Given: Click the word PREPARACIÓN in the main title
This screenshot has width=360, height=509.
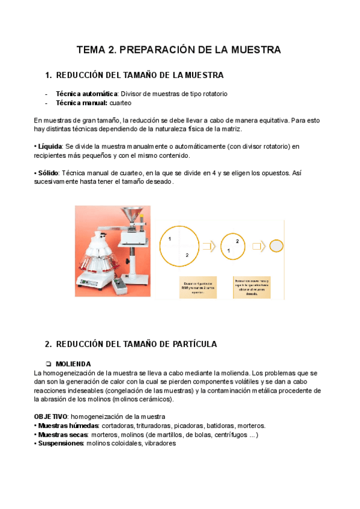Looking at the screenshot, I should pyautogui.click(x=157, y=50).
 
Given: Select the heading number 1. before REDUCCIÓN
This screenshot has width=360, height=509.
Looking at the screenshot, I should pyautogui.click(x=49, y=75).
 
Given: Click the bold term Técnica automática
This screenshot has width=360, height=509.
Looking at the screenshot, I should pyautogui.click(x=86, y=94).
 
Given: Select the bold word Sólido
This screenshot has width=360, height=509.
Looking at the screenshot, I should pyautogui.click(x=49, y=173).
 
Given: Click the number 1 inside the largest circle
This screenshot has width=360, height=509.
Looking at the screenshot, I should pyautogui.click(x=170, y=239).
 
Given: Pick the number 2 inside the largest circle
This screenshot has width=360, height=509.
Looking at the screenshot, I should pyautogui.click(x=187, y=255).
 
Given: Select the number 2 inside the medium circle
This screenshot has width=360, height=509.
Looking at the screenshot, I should pyautogui.click(x=238, y=241).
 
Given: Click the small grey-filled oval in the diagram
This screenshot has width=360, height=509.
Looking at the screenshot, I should pyautogui.click(x=276, y=245).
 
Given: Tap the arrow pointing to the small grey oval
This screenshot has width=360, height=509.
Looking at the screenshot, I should pyautogui.click(x=259, y=246).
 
